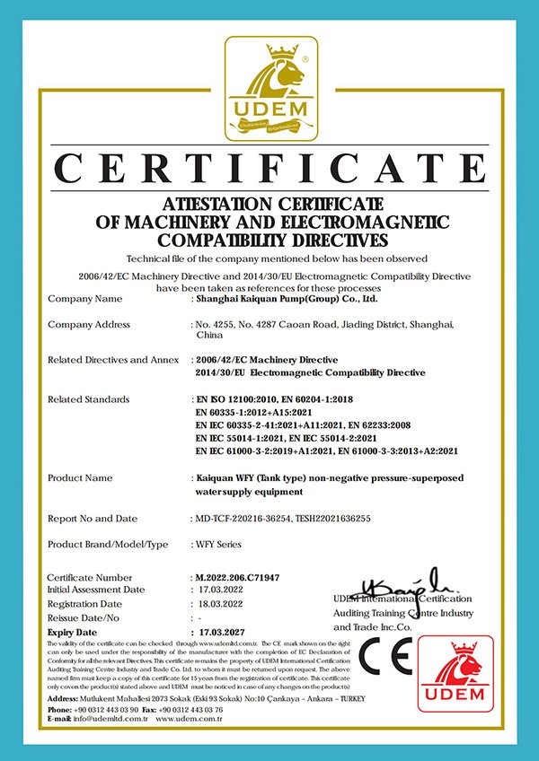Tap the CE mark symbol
(x=385, y=658)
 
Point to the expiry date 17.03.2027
(x=223, y=632)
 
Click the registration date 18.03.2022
(x=222, y=605)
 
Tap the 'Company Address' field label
(x=89, y=324)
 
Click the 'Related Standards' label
(x=88, y=398)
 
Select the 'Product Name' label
(x=79, y=478)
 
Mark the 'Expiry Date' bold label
(x=73, y=632)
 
